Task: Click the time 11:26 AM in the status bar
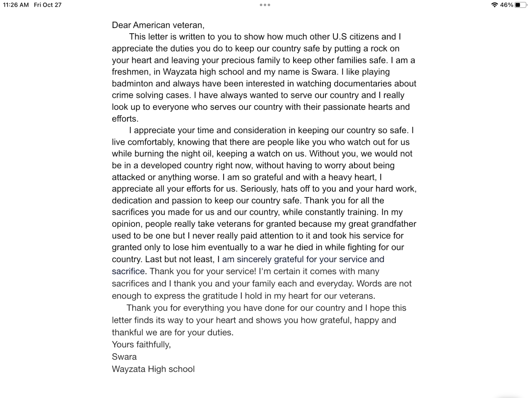[x=16, y=5]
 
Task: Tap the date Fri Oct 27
[x=48, y=5]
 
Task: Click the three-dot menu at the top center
[x=265, y=5]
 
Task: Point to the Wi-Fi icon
[x=494, y=5]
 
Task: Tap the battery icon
[x=520, y=5]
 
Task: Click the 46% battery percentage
[x=506, y=5]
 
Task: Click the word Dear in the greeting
[x=121, y=25]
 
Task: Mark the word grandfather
[x=391, y=224]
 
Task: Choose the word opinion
[x=126, y=224]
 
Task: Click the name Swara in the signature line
[x=124, y=357]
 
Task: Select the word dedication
[x=132, y=200]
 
